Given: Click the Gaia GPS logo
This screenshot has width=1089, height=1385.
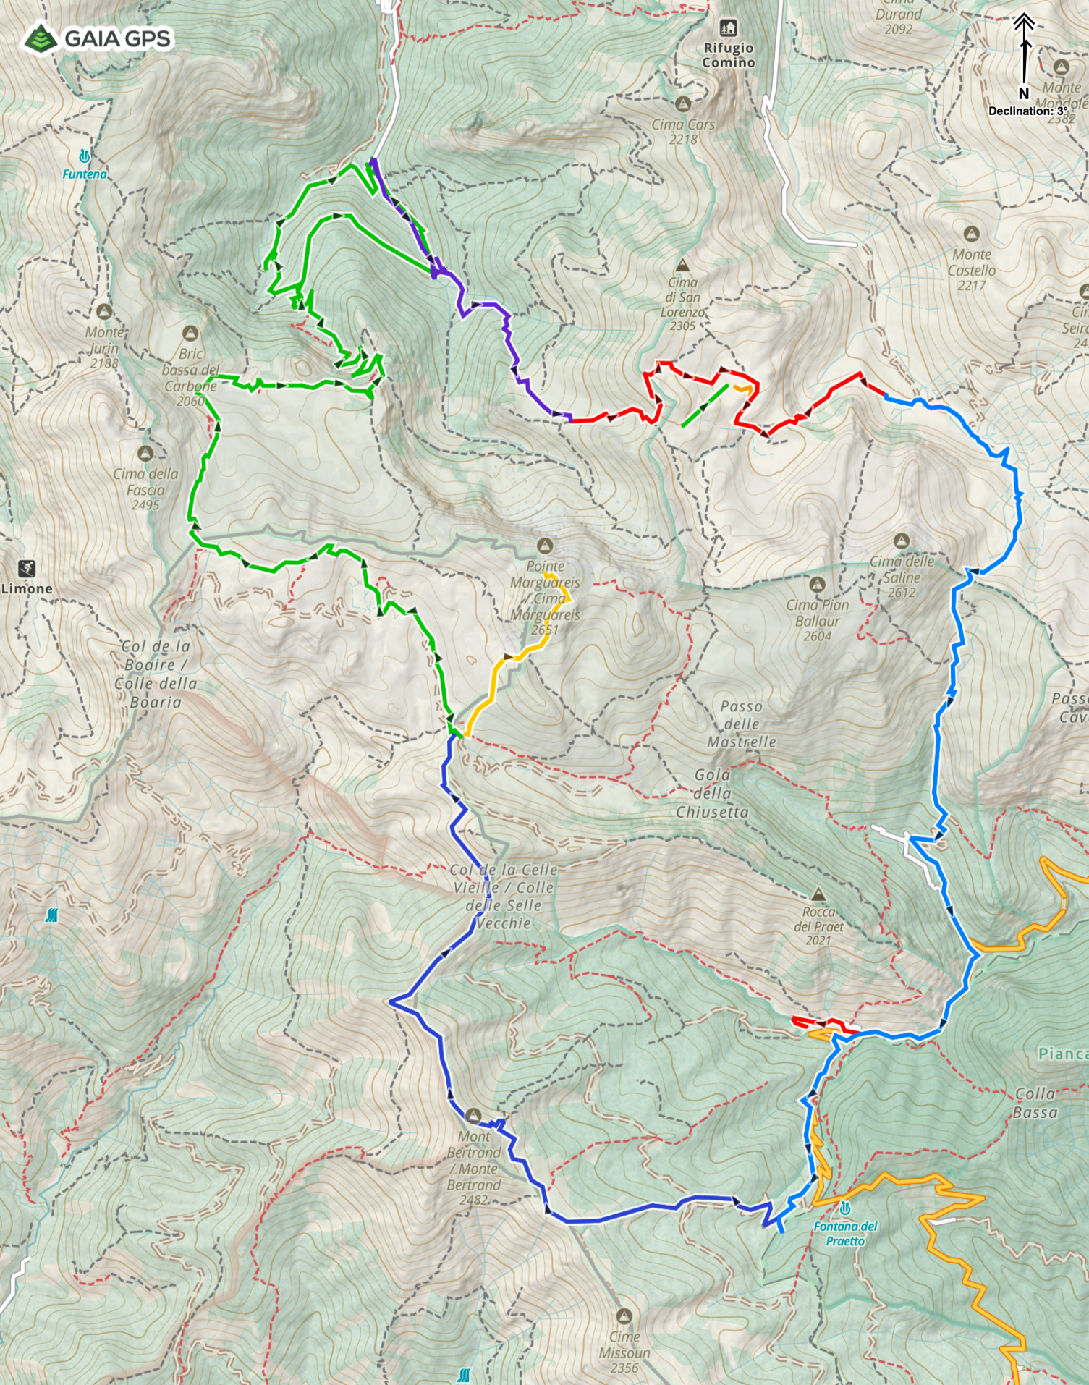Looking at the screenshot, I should click(98, 38).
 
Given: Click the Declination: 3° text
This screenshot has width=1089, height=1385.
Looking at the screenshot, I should click(1027, 111).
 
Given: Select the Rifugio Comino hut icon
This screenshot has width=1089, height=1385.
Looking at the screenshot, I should click(728, 28).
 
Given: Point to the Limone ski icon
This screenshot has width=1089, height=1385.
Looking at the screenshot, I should click(27, 569).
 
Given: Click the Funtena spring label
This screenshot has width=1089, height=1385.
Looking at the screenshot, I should click(84, 174).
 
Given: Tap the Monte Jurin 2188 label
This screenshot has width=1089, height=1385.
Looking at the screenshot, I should click(104, 347).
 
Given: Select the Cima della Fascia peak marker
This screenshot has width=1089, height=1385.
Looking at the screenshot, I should click(145, 453).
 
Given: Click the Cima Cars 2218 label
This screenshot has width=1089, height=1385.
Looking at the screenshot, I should click(683, 131).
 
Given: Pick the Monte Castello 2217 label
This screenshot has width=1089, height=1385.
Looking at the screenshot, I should click(971, 270).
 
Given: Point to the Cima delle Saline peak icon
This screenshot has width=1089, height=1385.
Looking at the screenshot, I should click(901, 541).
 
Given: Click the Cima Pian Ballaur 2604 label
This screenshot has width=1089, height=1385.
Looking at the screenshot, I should click(817, 620).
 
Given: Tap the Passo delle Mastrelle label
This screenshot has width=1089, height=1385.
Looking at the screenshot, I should click(742, 724).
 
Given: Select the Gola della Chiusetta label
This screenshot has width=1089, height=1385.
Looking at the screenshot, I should click(713, 793).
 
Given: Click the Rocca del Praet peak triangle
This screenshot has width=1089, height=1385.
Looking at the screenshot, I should click(818, 894).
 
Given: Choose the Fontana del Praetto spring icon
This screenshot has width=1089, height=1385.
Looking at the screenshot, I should click(844, 1208).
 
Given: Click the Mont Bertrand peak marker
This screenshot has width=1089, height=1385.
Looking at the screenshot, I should click(473, 1115).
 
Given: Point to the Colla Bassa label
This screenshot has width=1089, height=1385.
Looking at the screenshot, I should click(1035, 1103).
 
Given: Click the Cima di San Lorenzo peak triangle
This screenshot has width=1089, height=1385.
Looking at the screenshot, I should click(681, 266).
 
